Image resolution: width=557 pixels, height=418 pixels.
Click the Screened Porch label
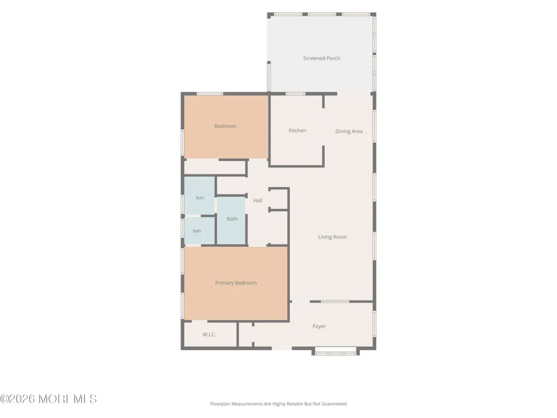321,59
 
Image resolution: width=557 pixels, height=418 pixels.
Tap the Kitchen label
297,130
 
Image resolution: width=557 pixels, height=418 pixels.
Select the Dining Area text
349,132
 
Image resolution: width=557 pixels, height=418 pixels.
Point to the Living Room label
333,237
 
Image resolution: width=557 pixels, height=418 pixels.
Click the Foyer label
319,326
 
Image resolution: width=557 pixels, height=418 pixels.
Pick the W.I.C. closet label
209,334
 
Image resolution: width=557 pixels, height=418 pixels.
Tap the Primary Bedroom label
236,283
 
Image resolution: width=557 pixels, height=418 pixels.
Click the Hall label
258,201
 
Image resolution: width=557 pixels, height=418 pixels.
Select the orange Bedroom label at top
225,126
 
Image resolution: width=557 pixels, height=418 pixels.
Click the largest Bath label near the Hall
232,219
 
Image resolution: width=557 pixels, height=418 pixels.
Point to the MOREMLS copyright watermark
48,399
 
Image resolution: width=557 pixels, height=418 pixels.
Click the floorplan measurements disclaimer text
278,404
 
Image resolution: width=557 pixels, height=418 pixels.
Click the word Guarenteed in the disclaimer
334,404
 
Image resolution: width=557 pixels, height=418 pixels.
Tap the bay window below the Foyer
336,353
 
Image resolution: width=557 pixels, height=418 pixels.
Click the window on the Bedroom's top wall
209,94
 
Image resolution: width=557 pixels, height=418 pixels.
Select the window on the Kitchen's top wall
296,94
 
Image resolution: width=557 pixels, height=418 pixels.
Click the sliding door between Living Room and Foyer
335,302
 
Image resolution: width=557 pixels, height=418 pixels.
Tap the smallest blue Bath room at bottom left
199,231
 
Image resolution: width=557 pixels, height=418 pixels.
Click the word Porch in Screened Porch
333,59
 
